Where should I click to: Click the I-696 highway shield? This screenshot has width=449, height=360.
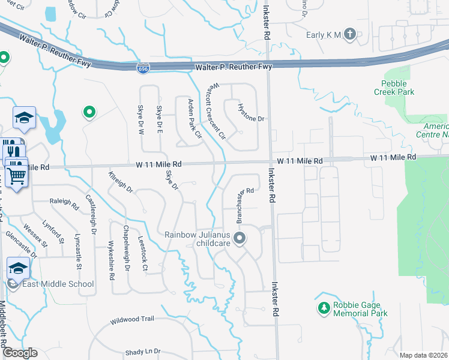click(x=143, y=69)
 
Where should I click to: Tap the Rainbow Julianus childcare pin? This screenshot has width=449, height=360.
click(x=240, y=239)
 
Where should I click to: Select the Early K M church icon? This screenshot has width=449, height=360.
click(x=351, y=35)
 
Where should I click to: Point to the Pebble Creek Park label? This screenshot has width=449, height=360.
click(x=397, y=88)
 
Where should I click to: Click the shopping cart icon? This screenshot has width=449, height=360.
click(x=17, y=175)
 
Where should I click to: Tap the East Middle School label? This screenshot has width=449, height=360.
click(x=58, y=284)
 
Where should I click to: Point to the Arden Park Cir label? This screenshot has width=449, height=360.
click(x=194, y=118)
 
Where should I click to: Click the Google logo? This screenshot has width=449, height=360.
click(x=20, y=353)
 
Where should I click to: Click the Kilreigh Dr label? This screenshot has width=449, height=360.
click(x=121, y=181)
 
